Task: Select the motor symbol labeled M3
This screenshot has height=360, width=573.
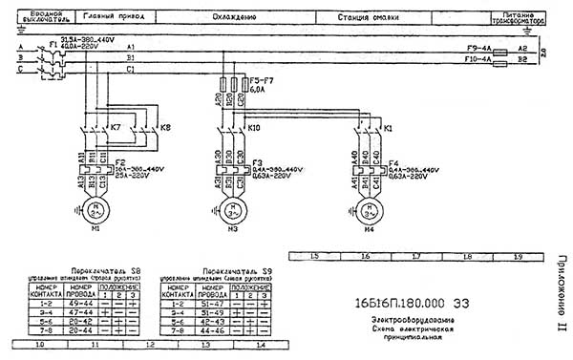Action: click(x=229, y=208)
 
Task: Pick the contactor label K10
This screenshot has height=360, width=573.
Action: click(x=254, y=128)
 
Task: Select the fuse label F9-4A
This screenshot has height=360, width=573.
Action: click(x=477, y=47)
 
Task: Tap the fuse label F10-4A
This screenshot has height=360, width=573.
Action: click(x=477, y=59)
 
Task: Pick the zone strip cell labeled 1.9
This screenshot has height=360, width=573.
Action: click(x=517, y=257)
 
